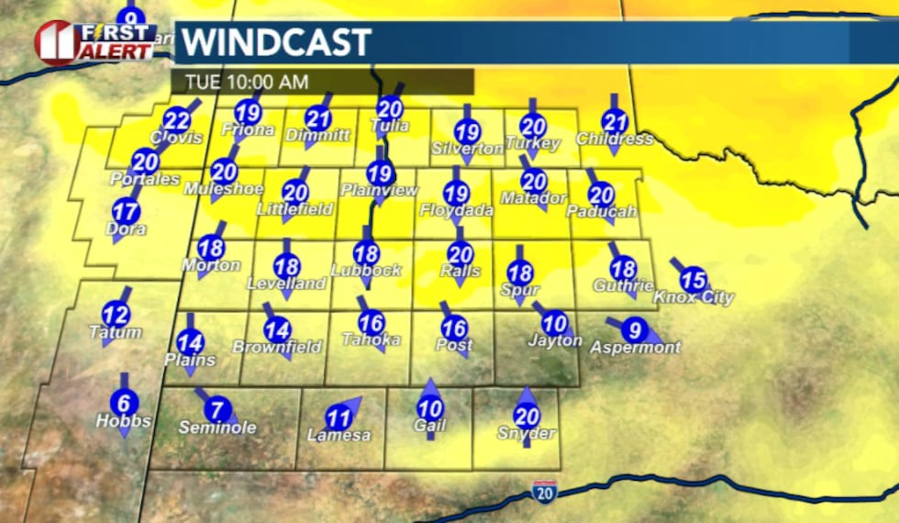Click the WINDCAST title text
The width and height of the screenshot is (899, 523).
pyautogui.click(x=275, y=42)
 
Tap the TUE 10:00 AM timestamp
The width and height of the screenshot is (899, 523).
pyautogui.click(x=246, y=82)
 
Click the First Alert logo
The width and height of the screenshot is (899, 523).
pyautogui.click(x=94, y=42)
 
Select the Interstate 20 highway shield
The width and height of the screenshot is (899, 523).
pyautogui.click(x=544, y=492)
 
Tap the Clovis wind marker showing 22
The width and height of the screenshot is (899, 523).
pyautogui.click(x=177, y=120)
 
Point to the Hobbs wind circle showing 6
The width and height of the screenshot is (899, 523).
pyautogui.click(x=124, y=402)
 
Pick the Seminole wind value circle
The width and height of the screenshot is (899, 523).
pyautogui.click(x=217, y=409)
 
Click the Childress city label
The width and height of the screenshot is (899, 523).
pyautogui.click(x=615, y=139)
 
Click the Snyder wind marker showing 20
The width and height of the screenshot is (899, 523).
pyautogui.click(x=527, y=416)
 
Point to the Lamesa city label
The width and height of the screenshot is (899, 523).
pyautogui.click(x=339, y=435)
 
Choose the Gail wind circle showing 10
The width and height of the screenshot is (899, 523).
pyautogui.click(x=430, y=409)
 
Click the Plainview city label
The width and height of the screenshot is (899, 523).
pyautogui.click(x=379, y=190)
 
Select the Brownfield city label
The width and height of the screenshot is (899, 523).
pyautogui.click(x=277, y=347)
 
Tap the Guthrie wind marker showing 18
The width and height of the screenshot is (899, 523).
pyautogui.click(x=623, y=269)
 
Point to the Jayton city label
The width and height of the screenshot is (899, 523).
pyautogui.click(x=555, y=340)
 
